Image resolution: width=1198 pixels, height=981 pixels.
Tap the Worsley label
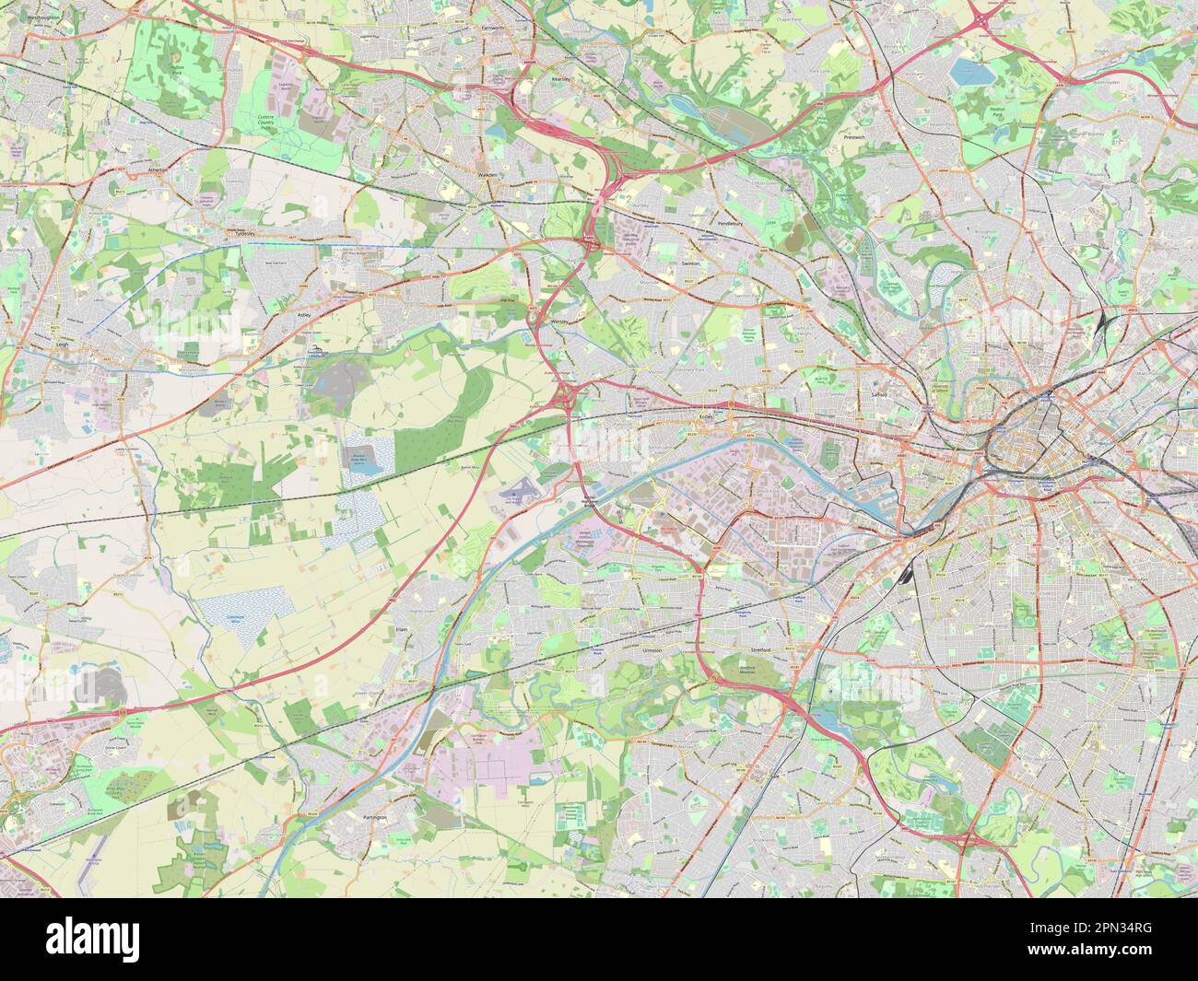558,321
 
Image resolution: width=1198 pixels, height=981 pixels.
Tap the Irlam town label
401,629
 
